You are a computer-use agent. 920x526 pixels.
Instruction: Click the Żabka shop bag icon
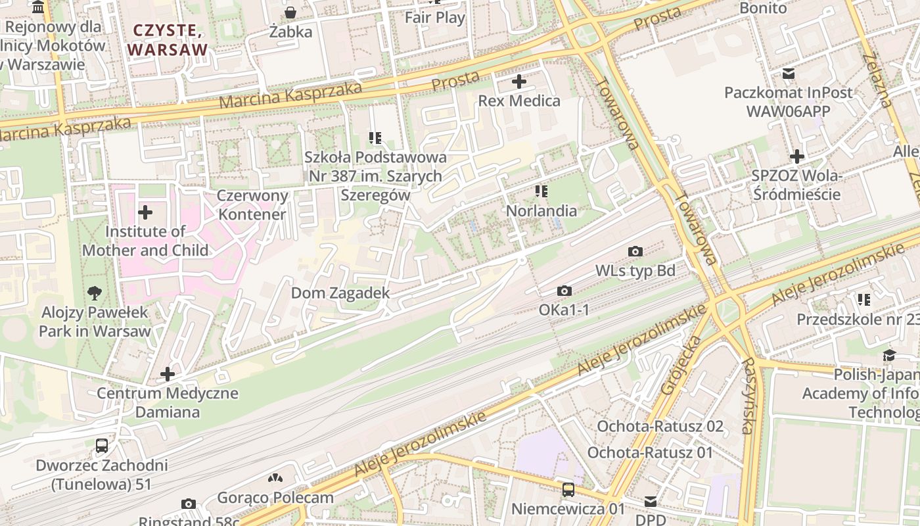click(x=290, y=12)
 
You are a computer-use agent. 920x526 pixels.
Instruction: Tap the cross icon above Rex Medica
click(x=519, y=82)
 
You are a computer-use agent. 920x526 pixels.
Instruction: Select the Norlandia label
click(x=541, y=211)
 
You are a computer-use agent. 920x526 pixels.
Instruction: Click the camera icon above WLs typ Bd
click(x=635, y=251)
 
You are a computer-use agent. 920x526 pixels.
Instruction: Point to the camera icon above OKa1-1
click(x=564, y=291)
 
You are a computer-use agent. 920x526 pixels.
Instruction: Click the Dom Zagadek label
click(x=340, y=293)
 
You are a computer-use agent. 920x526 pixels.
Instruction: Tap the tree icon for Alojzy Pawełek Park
click(x=95, y=293)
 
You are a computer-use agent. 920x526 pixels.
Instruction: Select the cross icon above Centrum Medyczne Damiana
click(x=168, y=374)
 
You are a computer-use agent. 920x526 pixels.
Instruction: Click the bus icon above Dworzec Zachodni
click(x=102, y=446)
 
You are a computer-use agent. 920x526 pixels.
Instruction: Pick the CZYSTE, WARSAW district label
click(x=168, y=39)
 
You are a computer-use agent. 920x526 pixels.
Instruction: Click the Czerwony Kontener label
click(x=253, y=204)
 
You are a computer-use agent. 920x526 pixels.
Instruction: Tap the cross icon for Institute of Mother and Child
click(x=145, y=212)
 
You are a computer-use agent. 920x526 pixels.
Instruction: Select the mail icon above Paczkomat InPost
click(x=788, y=73)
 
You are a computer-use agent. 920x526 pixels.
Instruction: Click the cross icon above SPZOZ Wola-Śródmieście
click(x=797, y=156)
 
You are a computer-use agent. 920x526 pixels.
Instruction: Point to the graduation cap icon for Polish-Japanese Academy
click(x=889, y=355)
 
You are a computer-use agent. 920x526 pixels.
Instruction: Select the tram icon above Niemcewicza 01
click(x=568, y=490)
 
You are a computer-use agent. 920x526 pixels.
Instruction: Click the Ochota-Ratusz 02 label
click(x=660, y=426)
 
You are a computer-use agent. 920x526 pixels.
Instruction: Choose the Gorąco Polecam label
click(x=275, y=497)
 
